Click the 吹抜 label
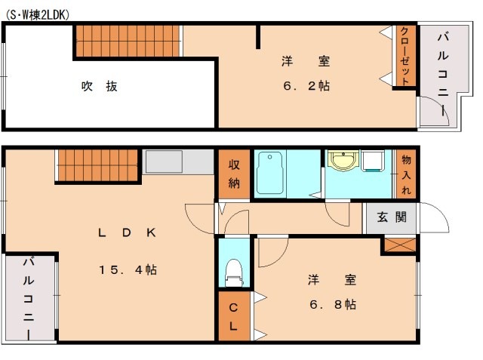pyautogui.click(x=99, y=86)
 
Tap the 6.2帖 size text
pyautogui.click(x=306, y=86)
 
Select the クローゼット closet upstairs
pyautogui.click(x=405, y=57)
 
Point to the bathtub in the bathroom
pyautogui.click(x=269, y=173)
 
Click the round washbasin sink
pyautogui.click(x=343, y=162)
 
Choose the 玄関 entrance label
pyautogui.click(x=392, y=218)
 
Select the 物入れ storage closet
pyautogui.click(x=406, y=174)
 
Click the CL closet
pyautogui.click(x=234, y=318)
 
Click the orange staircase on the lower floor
pyautogui.click(x=99, y=164)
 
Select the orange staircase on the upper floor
pyautogui.click(x=129, y=39)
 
